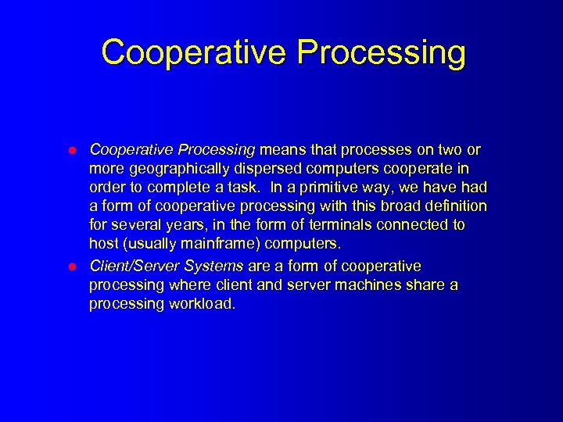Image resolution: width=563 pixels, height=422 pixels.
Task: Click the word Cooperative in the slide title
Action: pyautogui.click(x=195, y=53)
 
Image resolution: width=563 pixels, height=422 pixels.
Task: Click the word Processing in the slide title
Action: pyautogui.click(x=382, y=53)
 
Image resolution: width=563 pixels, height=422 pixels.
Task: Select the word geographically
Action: pyautogui.click(x=173, y=168)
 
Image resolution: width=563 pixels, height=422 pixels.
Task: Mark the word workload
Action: pyautogui.click(x=203, y=304)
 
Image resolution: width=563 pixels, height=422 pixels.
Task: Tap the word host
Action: pyautogui.click(x=104, y=244)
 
